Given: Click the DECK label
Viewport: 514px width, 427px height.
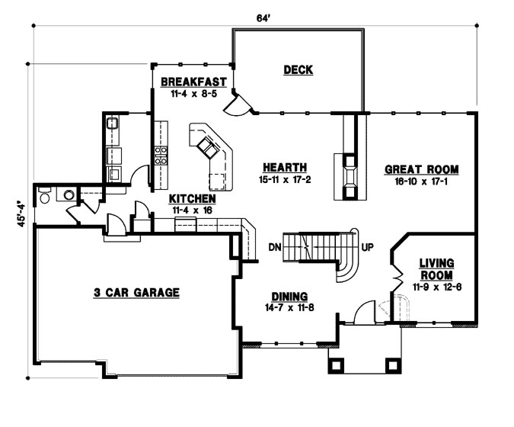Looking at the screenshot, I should (x=299, y=70).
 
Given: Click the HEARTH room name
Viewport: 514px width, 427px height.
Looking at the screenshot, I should (x=285, y=168).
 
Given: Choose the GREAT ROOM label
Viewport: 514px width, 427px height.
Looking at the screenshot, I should (x=422, y=169).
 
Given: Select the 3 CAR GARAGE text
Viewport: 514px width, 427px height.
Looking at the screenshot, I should (x=136, y=291).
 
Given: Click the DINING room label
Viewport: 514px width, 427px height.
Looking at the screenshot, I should (x=289, y=296).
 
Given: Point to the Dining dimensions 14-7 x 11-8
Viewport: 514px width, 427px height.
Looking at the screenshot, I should (x=289, y=307).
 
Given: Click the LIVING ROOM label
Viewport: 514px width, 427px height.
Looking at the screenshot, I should (x=436, y=269).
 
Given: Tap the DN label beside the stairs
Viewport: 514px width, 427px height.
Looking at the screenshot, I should (x=276, y=248).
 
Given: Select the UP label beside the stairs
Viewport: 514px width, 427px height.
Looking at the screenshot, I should (x=366, y=248).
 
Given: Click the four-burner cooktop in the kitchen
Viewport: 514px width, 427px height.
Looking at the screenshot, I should (x=161, y=156).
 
